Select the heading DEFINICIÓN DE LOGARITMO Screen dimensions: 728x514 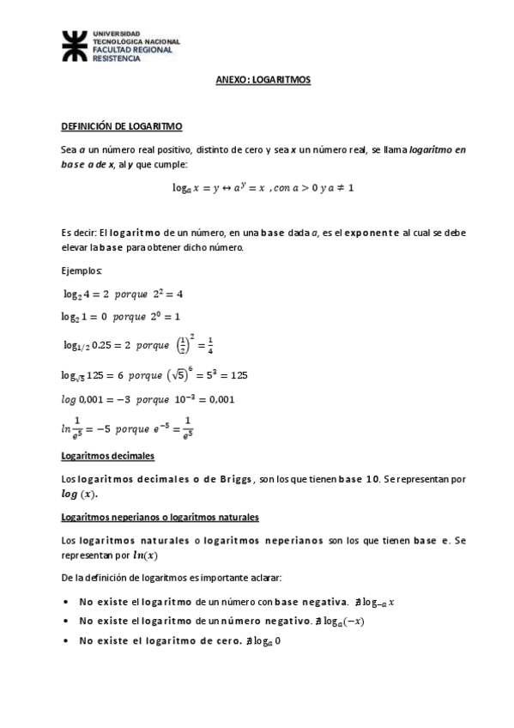click(x=121, y=126)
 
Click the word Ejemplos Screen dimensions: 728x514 click(x=82, y=270)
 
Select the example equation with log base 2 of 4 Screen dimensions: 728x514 click(x=124, y=294)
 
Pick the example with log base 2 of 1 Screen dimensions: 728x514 click(x=121, y=316)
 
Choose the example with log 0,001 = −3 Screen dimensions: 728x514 click(x=148, y=399)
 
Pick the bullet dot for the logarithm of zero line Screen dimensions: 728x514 click(x=67, y=640)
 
